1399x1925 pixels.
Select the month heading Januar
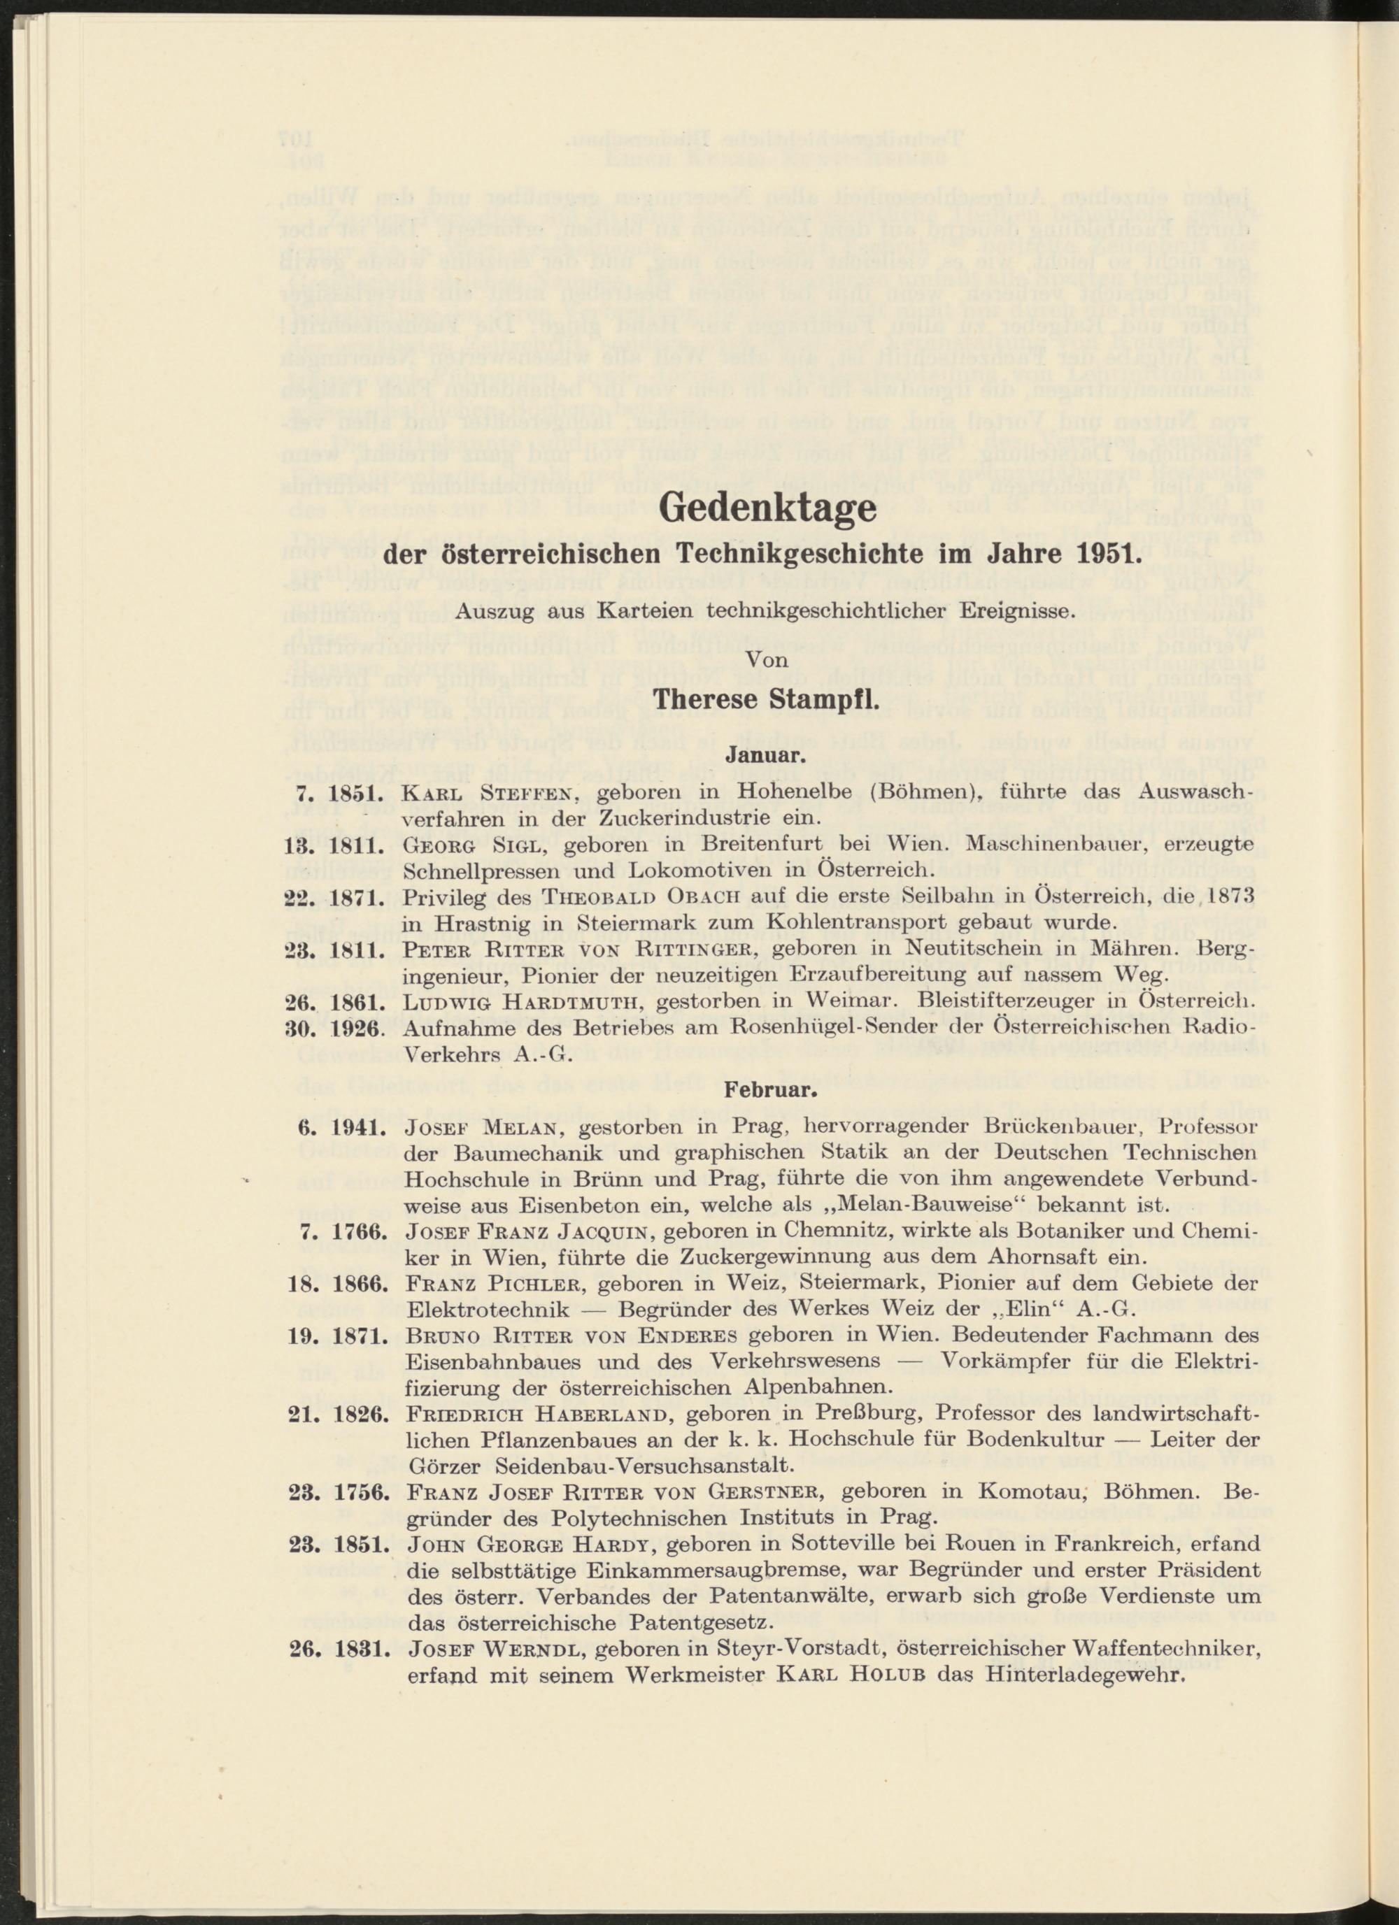pos(767,754)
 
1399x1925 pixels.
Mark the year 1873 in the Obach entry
pos(1229,896)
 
